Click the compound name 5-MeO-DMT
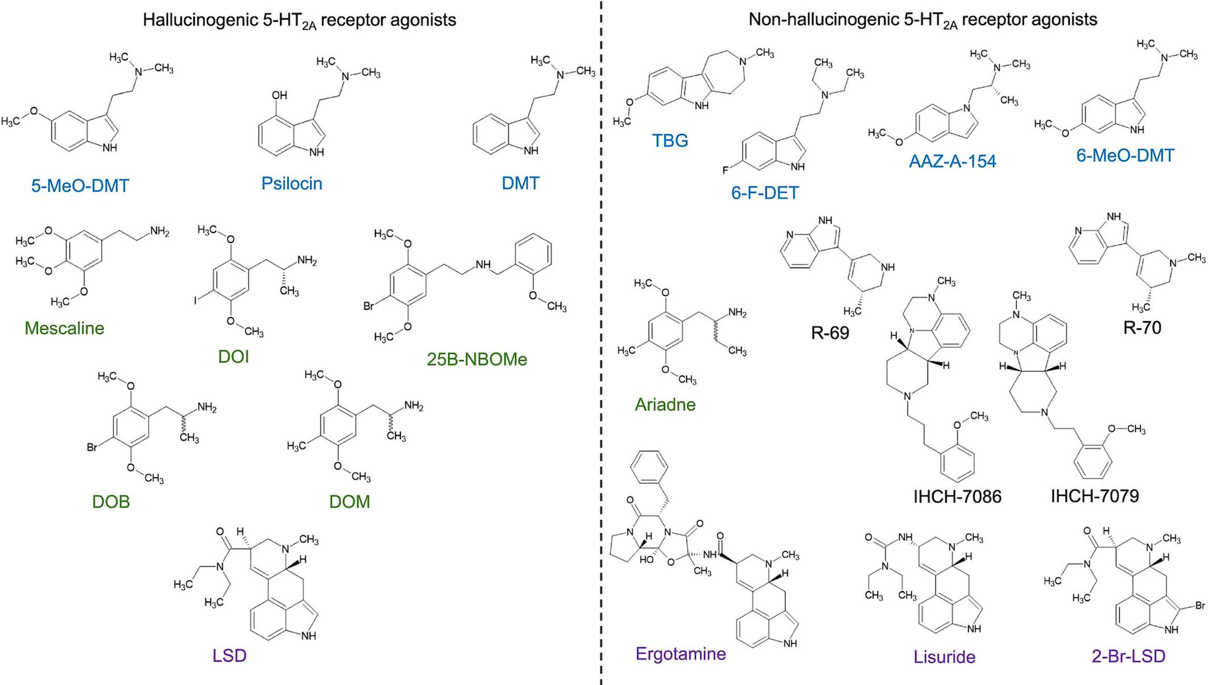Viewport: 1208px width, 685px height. pos(80,186)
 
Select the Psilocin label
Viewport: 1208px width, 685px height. pos(292,183)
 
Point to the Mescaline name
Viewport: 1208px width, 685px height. pos(64,328)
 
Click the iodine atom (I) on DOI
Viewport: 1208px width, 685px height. pos(195,300)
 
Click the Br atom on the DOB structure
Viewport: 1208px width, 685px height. pos(92,447)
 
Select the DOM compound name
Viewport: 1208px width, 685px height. pos(350,502)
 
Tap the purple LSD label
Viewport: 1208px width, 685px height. pos(229,656)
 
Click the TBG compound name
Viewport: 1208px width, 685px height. pos(670,141)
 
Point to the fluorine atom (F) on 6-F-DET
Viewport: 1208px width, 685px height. pos(725,170)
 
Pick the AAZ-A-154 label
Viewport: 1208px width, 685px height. pos(953,161)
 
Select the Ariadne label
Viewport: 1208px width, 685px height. pos(665,404)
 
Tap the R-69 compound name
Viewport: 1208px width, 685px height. pos(830,333)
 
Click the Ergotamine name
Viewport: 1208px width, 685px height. pos(680,654)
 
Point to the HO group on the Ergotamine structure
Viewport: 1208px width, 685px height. pos(646,561)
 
